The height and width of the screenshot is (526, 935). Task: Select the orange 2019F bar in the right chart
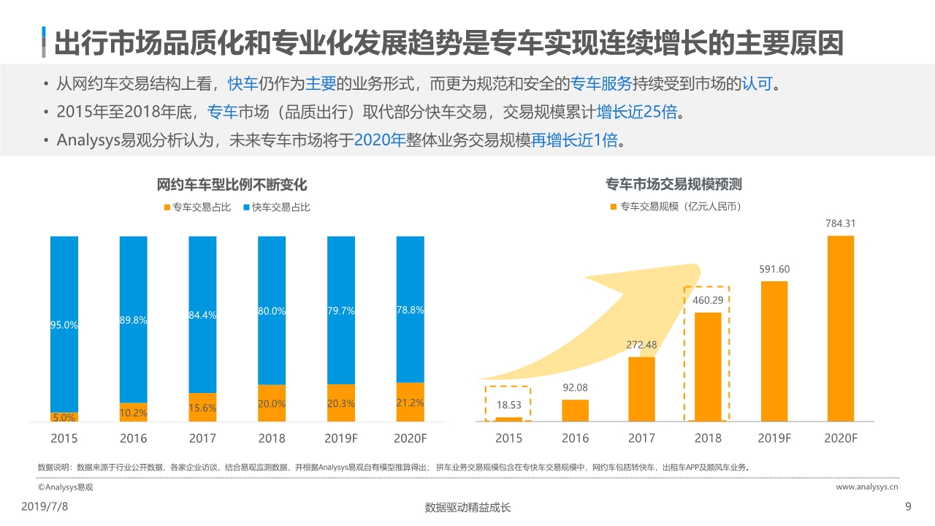coord(774,351)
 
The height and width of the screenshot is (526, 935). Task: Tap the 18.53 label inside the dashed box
coord(508,404)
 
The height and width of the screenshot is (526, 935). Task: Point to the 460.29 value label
coord(707,300)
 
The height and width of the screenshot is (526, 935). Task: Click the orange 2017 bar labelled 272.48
coord(641,389)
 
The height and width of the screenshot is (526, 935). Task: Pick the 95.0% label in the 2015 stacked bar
coord(64,326)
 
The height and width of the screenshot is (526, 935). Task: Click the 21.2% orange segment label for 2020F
coord(410,403)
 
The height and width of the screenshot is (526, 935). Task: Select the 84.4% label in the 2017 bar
coord(202,316)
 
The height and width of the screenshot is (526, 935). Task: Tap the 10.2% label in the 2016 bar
coord(133,413)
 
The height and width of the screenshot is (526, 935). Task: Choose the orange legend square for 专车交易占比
coord(167,207)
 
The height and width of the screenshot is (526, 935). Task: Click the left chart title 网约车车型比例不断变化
coord(232,185)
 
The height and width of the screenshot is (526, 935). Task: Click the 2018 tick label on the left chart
coord(271,438)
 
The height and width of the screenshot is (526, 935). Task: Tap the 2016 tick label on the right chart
coord(575,438)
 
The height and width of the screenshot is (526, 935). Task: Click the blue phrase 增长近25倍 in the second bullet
coord(636,112)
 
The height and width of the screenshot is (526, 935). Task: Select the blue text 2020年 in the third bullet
coord(379,140)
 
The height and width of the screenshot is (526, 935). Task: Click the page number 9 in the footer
coord(908,507)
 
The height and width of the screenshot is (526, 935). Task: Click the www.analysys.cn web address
coord(866,487)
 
